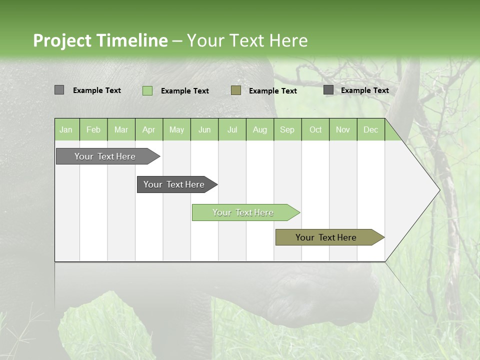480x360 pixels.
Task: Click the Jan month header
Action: point(66,129)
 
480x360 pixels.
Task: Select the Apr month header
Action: point(148,129)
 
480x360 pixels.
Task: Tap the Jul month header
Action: point(232,129)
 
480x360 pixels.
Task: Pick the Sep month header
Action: point(287,129)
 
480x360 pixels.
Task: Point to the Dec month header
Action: point(370,129)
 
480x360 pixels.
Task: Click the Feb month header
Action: point(93,129)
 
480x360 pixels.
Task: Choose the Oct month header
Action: point(315,129)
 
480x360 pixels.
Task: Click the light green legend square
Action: point(147,90)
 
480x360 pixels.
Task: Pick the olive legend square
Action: point(236,90)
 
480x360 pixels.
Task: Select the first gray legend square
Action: point(59,90)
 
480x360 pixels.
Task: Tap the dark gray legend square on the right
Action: point(328,90)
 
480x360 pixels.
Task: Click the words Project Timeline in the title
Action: point(100,40)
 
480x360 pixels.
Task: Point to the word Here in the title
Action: point(288,40)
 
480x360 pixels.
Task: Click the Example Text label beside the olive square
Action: point(272,91)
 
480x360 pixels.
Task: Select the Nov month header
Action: point(342,129)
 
